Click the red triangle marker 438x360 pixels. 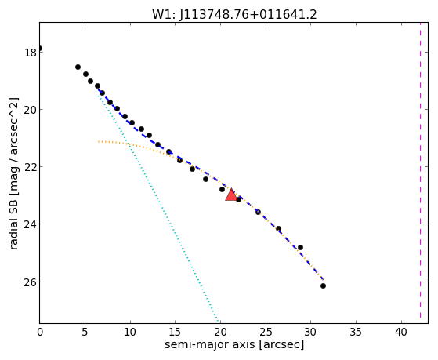[231, 195]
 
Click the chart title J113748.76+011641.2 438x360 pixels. [248, 15]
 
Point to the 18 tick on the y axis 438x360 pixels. [31, 53]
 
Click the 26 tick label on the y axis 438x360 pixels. [31, 282]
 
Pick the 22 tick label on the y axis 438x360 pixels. [31, 167]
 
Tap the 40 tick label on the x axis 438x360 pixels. [401, 332]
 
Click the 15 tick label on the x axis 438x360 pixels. [176, 332]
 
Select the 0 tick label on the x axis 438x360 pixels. [40, 332]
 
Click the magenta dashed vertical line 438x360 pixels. [420, 173]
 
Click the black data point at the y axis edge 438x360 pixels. [40, 49]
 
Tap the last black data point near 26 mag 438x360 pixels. [323, 285]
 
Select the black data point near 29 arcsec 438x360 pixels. [301, 248]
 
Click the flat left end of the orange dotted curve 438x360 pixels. [98, 141]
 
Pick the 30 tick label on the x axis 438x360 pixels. [310, 332]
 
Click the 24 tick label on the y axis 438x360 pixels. [31, 224]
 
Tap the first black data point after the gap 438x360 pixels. [78, 67]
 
